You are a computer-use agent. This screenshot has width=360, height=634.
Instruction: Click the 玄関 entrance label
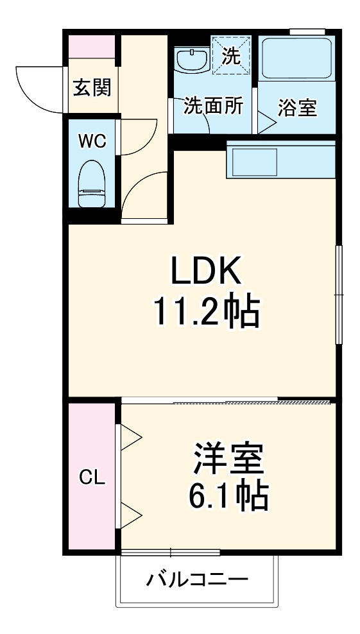[x=91, y=88]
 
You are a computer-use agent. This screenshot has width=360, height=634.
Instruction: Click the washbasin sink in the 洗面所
[x=191, y=61]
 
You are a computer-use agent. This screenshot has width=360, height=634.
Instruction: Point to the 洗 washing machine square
[x=231, y=56]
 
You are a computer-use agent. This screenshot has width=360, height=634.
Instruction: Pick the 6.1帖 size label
[x=227, y=495]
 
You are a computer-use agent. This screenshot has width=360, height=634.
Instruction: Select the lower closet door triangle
[x=131, y=512]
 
